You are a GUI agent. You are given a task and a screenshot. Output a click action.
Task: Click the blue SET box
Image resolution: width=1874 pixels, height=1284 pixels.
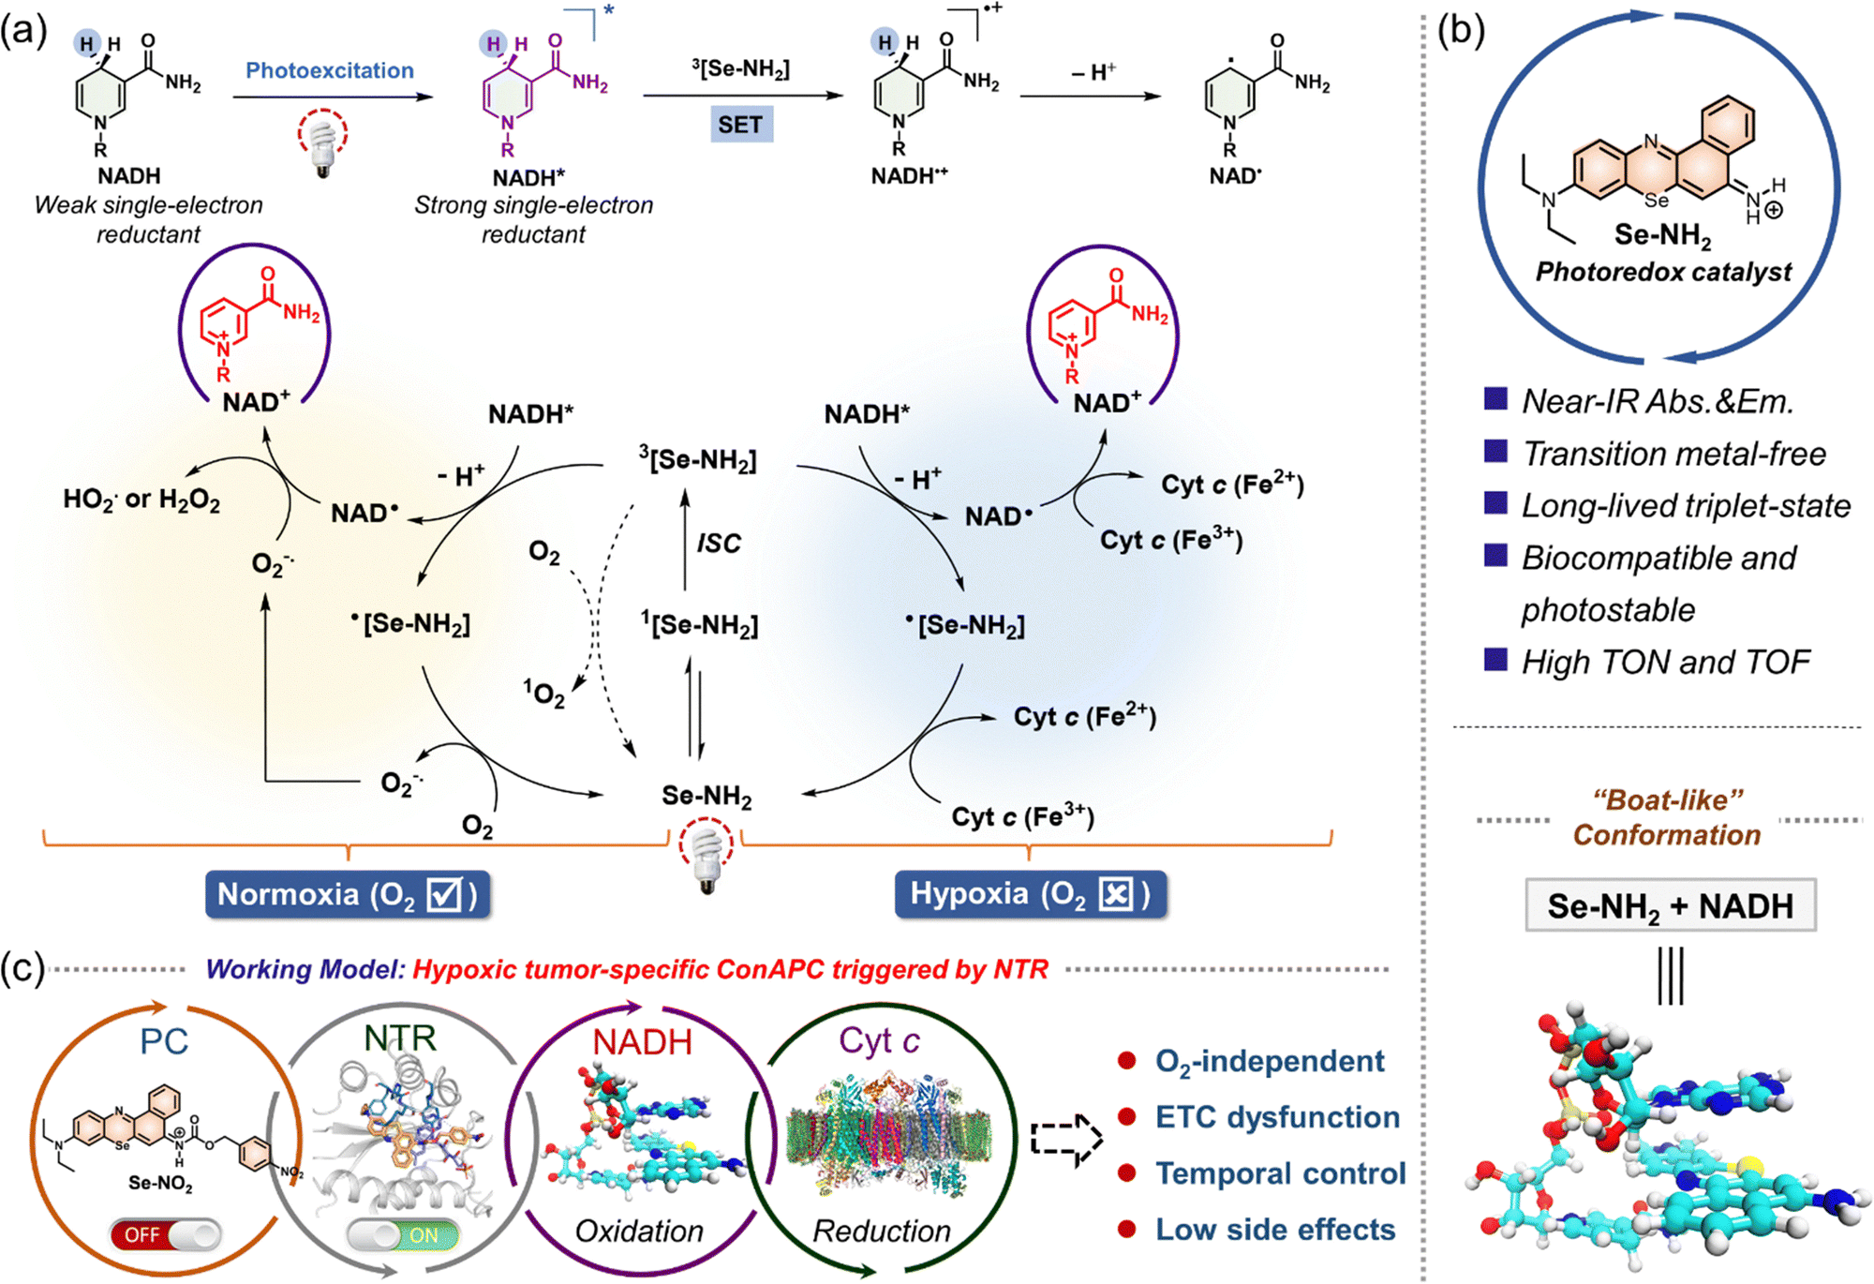pos(740,125)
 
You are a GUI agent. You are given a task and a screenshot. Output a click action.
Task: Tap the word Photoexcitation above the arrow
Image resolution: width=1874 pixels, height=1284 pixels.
pos(330,70)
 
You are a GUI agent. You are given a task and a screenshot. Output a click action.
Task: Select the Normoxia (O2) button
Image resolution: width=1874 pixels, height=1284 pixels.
pos(348,895)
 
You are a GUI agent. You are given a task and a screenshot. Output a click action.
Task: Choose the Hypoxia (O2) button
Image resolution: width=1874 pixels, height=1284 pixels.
pos(1030,894)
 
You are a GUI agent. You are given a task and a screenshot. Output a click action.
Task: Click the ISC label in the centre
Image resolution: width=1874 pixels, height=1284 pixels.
pos(719,543)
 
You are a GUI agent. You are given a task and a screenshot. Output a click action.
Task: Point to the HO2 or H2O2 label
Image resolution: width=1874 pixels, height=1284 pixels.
pos(141,500)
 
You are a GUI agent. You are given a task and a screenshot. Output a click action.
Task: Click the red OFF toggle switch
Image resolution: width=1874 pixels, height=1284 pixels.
pos(165,1235)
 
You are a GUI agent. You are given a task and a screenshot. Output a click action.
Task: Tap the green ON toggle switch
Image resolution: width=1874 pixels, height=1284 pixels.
pos(403,1235)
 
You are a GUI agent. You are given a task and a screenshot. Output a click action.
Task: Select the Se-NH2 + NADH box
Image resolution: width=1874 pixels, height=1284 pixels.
pos(1670,905)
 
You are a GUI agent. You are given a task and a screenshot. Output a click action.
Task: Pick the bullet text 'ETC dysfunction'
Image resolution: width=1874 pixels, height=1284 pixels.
pos(1277,1117)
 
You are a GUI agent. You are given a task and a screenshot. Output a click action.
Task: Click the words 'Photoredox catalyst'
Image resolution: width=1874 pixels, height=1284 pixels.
pos(1663,272)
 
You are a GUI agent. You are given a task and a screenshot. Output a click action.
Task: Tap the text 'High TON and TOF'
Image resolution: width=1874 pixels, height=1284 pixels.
pos(1665,662)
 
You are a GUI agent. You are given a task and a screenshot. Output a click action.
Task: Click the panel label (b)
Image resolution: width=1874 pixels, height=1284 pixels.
pos(1461,30)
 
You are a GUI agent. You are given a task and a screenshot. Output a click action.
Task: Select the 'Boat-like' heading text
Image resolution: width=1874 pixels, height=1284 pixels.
pos(1667,800)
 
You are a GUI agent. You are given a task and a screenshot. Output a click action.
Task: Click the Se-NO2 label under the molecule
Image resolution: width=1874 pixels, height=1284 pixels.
pos(160,1184)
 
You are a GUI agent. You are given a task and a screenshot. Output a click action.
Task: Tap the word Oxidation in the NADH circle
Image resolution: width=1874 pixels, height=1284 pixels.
pos(639,1231)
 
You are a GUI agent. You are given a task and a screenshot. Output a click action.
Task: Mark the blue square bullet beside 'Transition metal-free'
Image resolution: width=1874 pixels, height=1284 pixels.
pos(1495,453)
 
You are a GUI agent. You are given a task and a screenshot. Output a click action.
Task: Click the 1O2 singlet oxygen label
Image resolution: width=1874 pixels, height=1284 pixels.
pos(544,694)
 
